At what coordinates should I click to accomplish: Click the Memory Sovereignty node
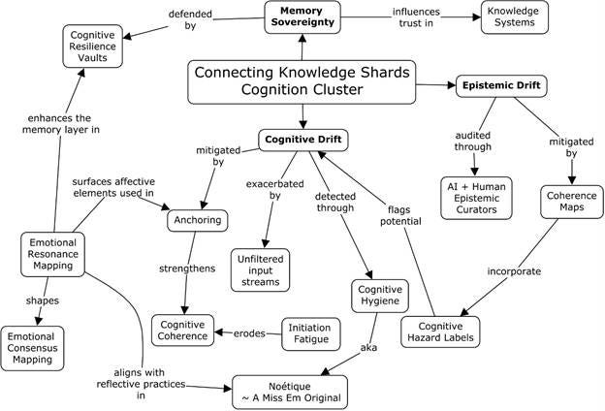tap(302, 16)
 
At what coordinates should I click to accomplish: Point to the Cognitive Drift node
tap(302, 141)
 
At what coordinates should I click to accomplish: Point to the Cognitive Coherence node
tap(185, 330)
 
